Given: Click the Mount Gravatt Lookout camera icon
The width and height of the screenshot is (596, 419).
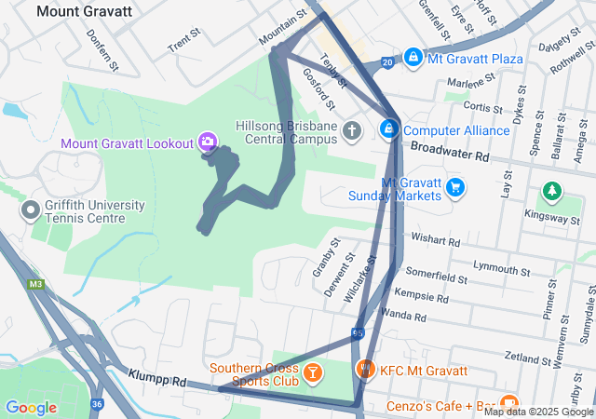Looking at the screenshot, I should point(208,142).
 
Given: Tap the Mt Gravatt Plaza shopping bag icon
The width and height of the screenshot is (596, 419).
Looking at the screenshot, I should point(412,58).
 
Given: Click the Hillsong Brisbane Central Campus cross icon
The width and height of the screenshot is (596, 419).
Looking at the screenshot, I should point(352,130).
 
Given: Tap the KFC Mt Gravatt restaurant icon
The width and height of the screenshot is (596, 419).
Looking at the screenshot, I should point(366,370).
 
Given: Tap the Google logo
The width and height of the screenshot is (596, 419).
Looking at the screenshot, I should point(31,407).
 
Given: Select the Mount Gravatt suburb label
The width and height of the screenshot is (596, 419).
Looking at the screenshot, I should point(84,12).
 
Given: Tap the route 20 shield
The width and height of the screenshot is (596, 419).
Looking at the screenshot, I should point(386,62).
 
